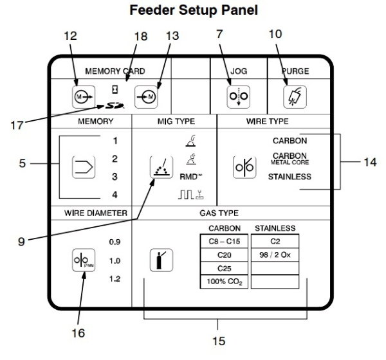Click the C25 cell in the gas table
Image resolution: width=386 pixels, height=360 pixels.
225,268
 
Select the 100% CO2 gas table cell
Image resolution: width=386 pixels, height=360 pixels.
225,282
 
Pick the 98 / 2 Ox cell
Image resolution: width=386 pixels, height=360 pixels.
275,255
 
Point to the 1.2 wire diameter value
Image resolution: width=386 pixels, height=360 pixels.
116,280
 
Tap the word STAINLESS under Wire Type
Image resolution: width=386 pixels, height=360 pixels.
290,176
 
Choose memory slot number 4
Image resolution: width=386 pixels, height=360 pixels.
115,194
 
